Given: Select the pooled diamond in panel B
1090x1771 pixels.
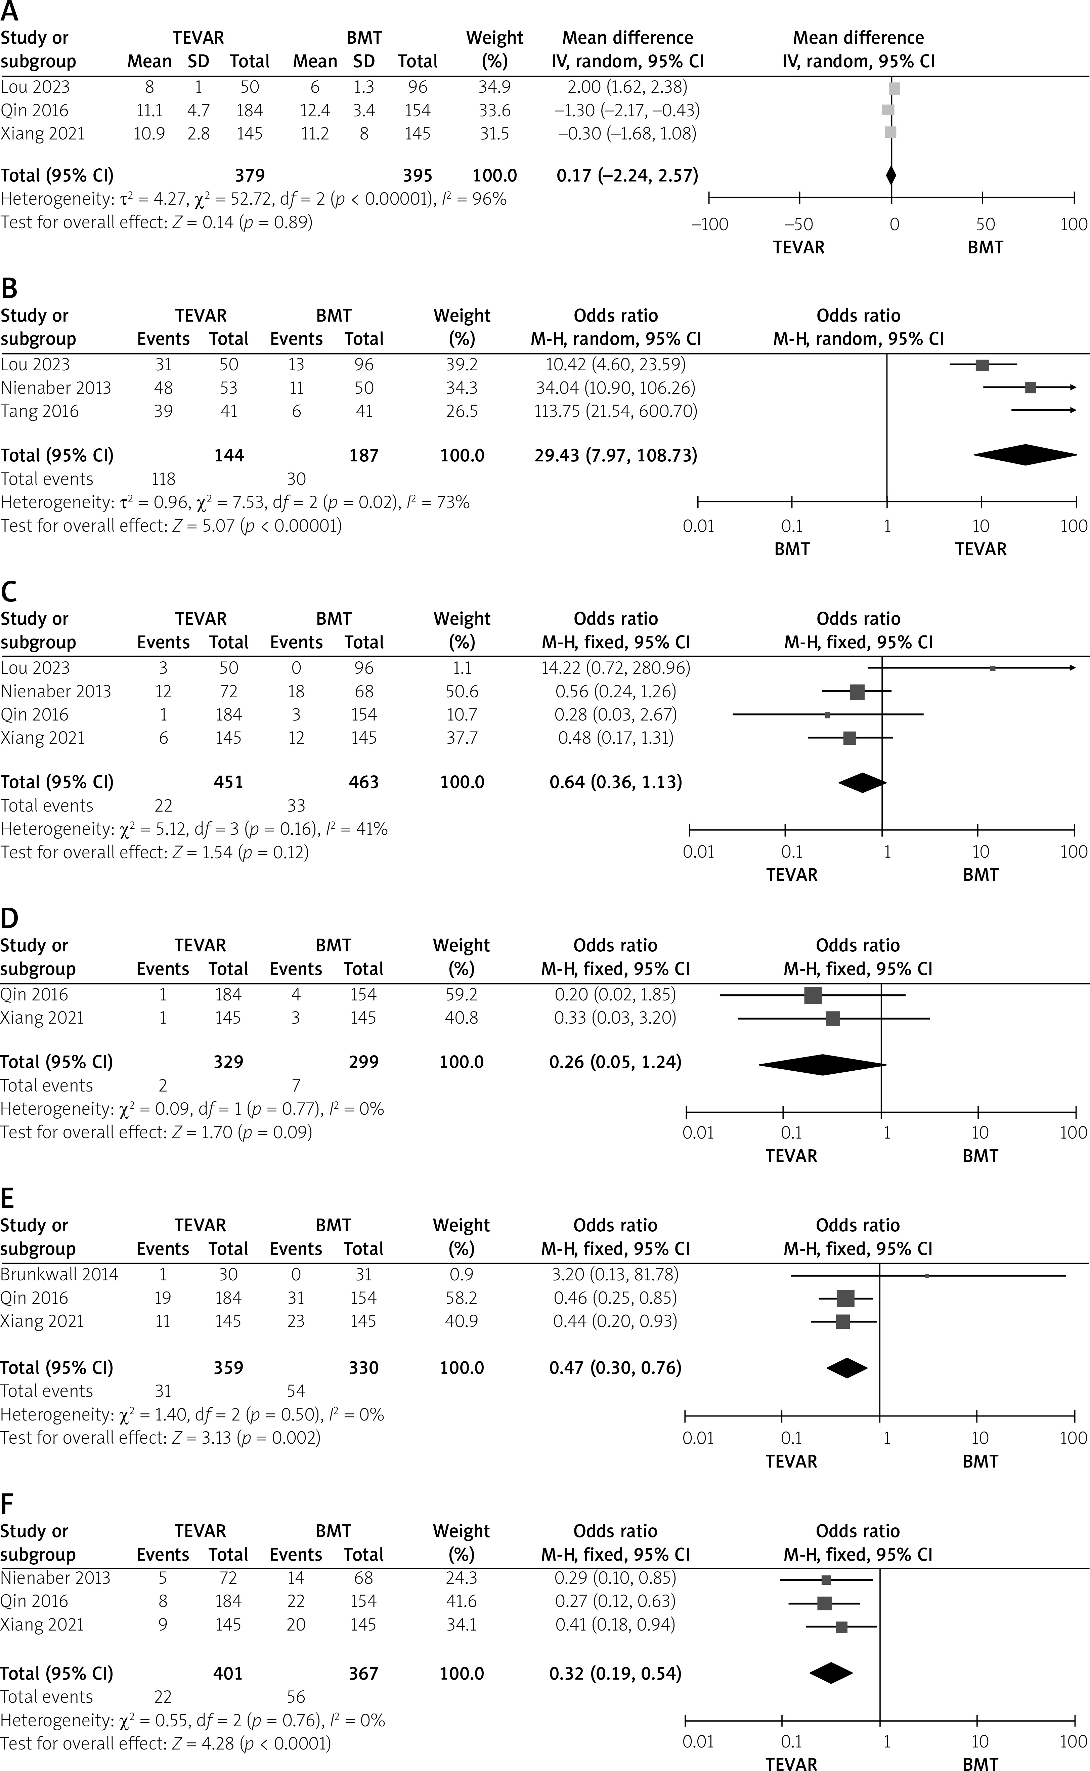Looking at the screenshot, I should pyautogui.click(x=1025, y=455).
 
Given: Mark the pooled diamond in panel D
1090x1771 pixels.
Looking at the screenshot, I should pyautogui.click(x=822, y=1064).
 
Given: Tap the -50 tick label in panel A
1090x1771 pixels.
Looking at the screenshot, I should pyautogui.click(x=799, y=224).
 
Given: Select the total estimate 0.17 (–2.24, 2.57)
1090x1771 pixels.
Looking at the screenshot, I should pyautogui.click(x=627, y=175).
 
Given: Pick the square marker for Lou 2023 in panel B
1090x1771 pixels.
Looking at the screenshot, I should pyautogui.click(x=982, y=365).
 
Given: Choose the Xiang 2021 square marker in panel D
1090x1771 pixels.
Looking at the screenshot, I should pyautogui.click(x=833, y=1018).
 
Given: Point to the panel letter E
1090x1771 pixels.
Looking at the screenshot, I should pyautogui.click(x=9, y=1198).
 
